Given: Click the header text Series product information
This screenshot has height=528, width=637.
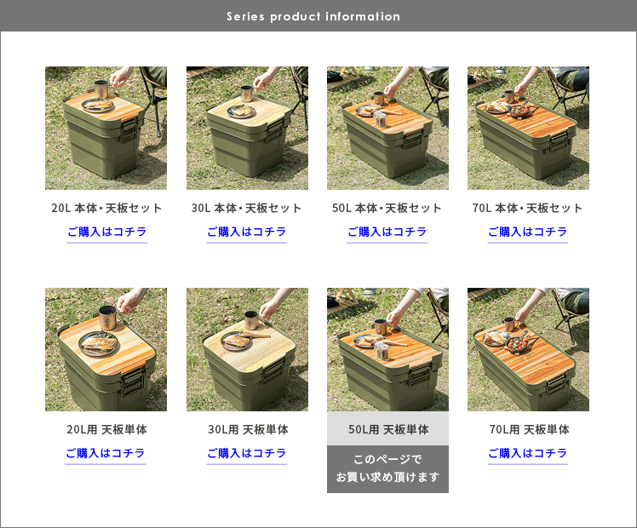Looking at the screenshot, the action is tap(313, 17).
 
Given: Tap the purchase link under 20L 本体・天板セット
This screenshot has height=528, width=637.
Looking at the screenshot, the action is tap(106, 232).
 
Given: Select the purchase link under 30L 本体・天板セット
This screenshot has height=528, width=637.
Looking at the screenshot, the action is tap(247, 232).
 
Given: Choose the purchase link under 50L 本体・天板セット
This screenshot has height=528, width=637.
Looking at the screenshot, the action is tap(387, 232).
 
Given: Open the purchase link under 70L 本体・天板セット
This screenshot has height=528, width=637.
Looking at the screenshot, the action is tap(528, 232).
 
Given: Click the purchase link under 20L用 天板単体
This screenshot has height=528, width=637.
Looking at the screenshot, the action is tap(106, 453).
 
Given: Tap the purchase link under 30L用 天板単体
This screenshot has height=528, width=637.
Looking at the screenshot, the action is tap(247, 453).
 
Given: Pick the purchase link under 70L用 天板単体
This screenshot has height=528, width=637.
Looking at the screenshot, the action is tap(528, 453).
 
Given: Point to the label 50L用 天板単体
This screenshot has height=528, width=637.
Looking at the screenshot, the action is tap(388, 429).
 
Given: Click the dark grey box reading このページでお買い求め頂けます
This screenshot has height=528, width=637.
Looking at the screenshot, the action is tap(388, 469).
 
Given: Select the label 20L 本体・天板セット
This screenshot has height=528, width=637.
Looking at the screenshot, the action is tap(106, 209).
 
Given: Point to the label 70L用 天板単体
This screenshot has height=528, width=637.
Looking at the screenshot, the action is tap(529, 429).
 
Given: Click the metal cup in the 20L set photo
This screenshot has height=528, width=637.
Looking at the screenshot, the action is tap(102, 89).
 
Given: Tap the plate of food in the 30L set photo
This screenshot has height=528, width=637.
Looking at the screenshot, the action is tap(241, 112).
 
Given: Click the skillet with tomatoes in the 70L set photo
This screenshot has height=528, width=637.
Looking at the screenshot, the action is tap(519, 110).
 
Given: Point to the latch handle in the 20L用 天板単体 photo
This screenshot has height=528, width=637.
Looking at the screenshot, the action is tap(132, 383).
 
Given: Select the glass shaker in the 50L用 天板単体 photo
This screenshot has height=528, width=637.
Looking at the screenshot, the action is tap(382, 351).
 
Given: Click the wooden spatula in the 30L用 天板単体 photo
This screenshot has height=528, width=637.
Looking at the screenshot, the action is tap(255, 335).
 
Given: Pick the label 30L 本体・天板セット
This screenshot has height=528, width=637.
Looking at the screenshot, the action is tap(247, 209).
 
